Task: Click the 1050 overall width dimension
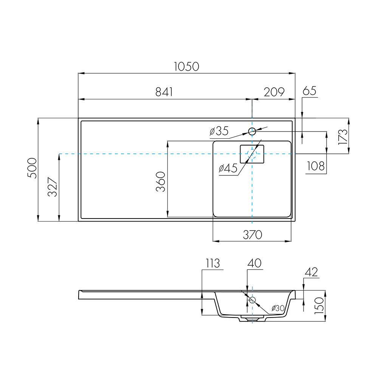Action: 187,67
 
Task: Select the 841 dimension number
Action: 164,92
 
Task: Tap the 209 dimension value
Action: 274,92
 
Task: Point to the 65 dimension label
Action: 309,91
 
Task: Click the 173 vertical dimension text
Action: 343,137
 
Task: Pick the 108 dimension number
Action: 316,166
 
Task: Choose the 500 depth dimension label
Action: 32,168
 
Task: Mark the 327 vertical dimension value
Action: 53,187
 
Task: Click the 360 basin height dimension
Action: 161,181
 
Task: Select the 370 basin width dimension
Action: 253,235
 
